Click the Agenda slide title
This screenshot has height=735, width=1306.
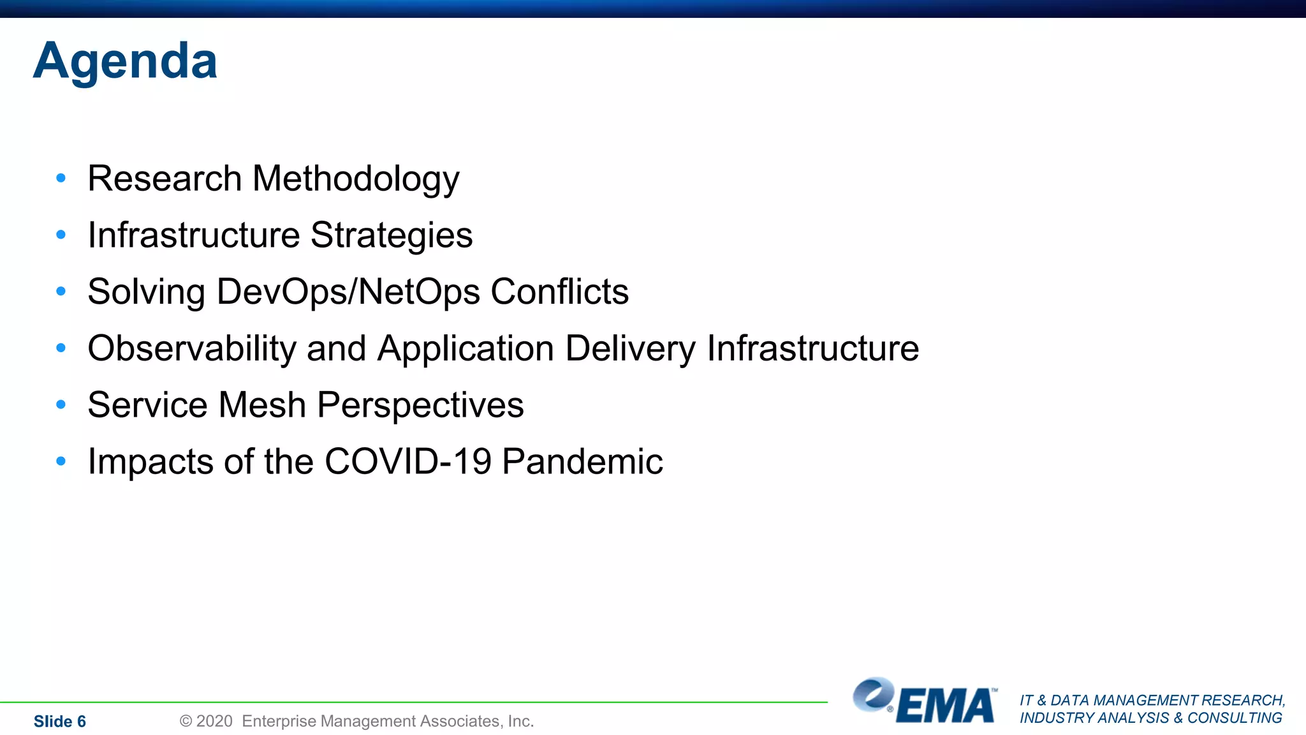pyautogui.click(x=125, y=61)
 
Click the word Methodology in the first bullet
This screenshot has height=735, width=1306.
pyautogui.click(x=356, y=179)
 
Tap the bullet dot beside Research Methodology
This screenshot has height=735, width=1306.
pyautogui.click(x=61, y=178)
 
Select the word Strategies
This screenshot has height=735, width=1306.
pyautogui.click(x=392, y=235)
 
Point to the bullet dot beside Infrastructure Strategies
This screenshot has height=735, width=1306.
pyautogui.click(x=61, y=235)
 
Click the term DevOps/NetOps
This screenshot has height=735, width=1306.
pyautogui.click(x=348, y=292)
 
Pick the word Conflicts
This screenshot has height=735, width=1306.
pyautogui.click(x=559, y=292)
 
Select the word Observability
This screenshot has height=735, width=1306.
pyautogui.click(x=192, y=349)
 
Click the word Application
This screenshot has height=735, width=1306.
pyautogui.click(x=466, y=349)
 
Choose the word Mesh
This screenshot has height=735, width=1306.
pyautogui.click(x=262, y=405)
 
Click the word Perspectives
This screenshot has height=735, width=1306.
pyautogui.click(x=420, y=405)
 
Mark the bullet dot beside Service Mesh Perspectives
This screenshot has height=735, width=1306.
pyautogui.click(x=61, y=405)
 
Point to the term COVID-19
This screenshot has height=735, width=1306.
pyautogui.click(x=408, y=461)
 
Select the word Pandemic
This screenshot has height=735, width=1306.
pyautogui.click(x=582, y=461)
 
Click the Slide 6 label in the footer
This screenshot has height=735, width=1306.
pyautogui.click(x=59, y=722)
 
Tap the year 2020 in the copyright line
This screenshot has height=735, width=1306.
pyautogui.click(x=214, y=721)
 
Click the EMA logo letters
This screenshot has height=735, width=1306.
pyautogui.click(x=946, y=706)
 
